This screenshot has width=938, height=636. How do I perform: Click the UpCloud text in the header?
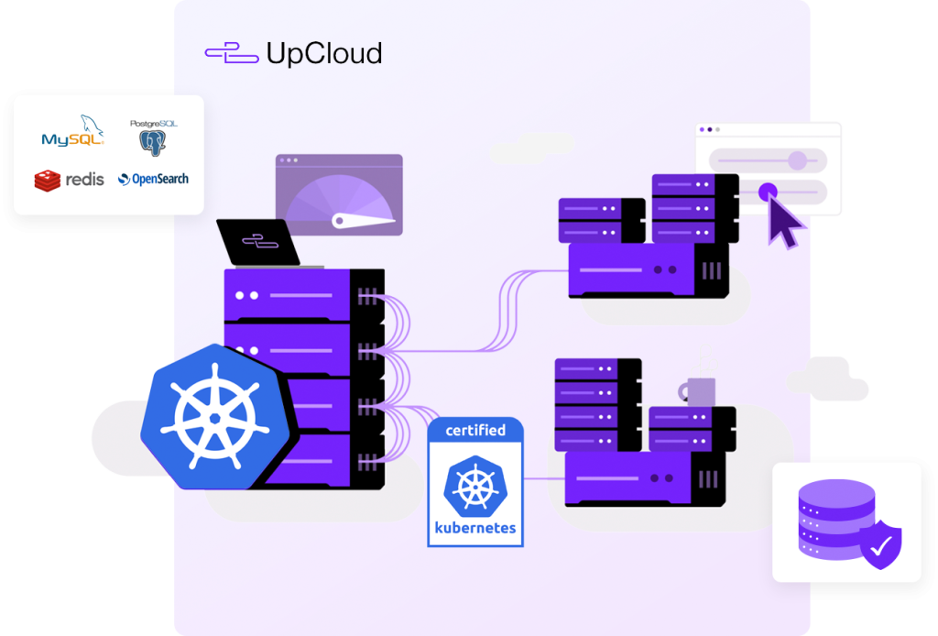(323, 54)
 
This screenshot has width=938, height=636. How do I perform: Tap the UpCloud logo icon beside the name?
(231, 54)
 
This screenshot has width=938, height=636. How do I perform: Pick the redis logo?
(70, 180)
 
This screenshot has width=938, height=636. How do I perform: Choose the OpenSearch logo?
(153, 179)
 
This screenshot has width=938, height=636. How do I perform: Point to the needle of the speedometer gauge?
(361, 220)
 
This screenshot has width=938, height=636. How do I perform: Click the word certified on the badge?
(474, 431)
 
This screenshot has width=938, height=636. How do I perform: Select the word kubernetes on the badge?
(475, 528)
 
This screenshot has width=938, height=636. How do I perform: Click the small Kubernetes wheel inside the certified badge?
(474, 486)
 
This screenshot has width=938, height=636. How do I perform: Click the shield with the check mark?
(880, 546)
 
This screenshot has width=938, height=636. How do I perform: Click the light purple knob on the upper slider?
(798, 161)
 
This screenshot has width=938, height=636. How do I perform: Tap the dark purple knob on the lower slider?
(768, 192)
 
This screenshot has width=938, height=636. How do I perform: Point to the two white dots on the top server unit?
(247, 295)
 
